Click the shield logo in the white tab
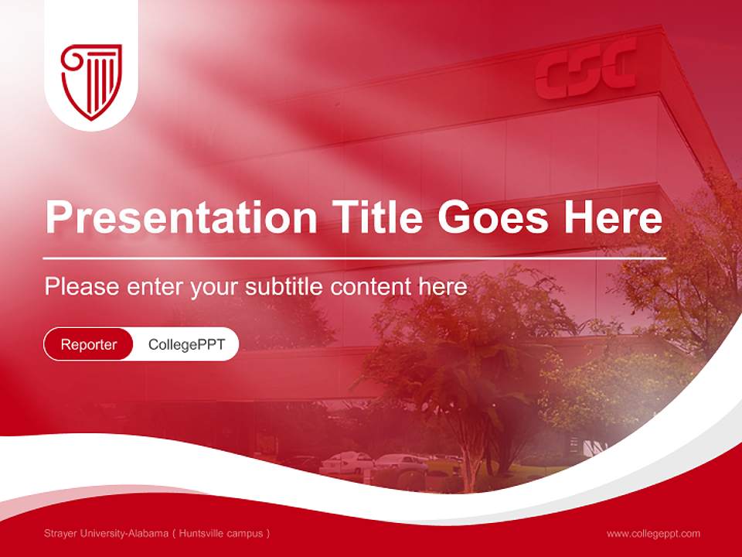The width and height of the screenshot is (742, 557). pyautogui.click(x=91, y=80)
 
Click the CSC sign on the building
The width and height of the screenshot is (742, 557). pyautogui.click(x=587, y=72)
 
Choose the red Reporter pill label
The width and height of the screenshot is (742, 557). pyautogui.click(x=89, y=344)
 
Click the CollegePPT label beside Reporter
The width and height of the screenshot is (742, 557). pyautogui.click(x=186, y=344)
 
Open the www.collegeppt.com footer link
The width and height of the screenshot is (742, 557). pyautogui.click(x=653, y=534)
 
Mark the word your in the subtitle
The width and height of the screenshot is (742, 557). pyautogui.click(x=216, y=288)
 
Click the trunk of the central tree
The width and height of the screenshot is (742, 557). pyautogui.click(x=469, y=449)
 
